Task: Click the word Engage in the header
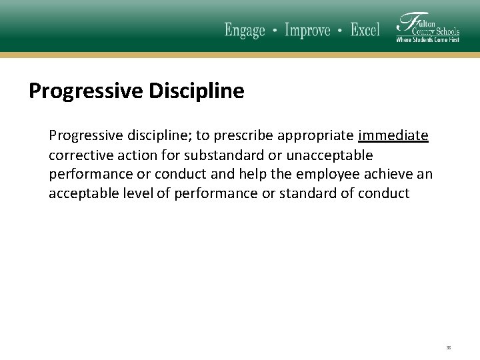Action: [245, 30]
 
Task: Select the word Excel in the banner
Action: [365, 30]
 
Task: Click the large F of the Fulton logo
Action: [405, 25]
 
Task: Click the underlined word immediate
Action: [393, 136]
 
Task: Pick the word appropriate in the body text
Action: [315, 136]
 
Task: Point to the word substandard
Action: [222, 155]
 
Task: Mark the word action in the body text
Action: [135, 155]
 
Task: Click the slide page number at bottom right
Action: [449, 347]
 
